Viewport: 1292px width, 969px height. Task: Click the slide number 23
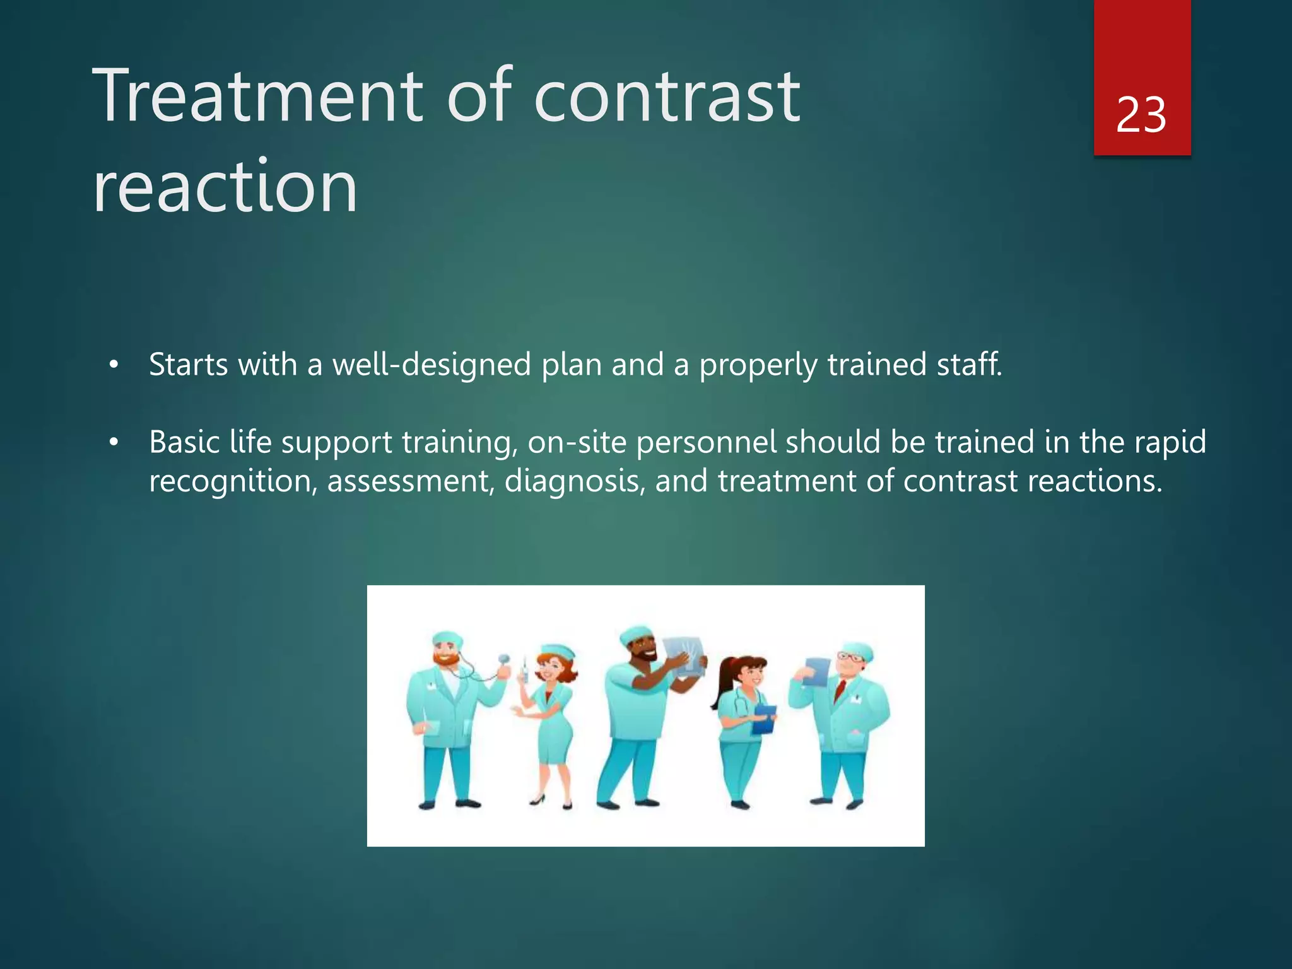point(1141,115)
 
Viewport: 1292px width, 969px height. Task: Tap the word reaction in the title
point(225,187)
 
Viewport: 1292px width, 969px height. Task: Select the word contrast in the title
point(667,96)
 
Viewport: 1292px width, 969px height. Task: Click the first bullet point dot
point(114,365)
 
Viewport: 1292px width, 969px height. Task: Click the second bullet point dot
point(114,443)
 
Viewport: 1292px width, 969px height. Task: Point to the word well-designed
point(432,365)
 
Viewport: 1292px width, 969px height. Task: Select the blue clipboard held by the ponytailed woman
point(765,719)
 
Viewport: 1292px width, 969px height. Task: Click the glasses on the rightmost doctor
point(850,657)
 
